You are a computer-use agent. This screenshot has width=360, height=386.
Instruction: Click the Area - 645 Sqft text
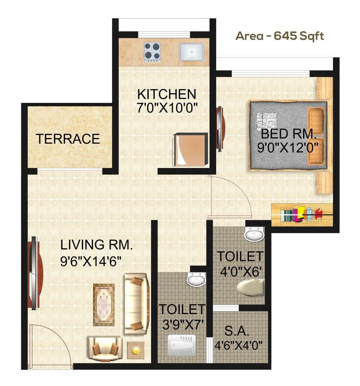[x=280, y=36]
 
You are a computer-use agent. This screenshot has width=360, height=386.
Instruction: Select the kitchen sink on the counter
[x=192, y=52]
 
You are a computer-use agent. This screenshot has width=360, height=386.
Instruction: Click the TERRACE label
[x=68, y=139]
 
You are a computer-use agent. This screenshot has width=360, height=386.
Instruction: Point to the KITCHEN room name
[x=167, y=94]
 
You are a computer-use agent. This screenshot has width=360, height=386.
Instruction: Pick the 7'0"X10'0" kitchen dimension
[x=168, y=108]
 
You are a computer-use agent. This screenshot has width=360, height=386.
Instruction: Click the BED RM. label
[x=288, y=134]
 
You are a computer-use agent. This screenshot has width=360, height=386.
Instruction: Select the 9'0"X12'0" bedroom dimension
[x=288, y=148]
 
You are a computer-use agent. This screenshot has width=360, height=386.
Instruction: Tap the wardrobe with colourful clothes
[x=302, y=215]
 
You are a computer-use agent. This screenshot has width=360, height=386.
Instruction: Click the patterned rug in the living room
[x=104, y=305]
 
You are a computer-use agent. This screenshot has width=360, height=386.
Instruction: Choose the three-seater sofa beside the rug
[x=137, y=303]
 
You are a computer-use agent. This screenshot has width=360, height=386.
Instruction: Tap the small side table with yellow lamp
[x=136, y=350]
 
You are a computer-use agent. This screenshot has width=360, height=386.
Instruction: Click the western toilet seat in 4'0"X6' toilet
[x=251, y=289]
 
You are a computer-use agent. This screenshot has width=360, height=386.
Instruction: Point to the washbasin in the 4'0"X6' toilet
[x=254, y=235]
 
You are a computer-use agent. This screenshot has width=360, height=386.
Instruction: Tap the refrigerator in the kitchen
[x=190, y=148]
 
